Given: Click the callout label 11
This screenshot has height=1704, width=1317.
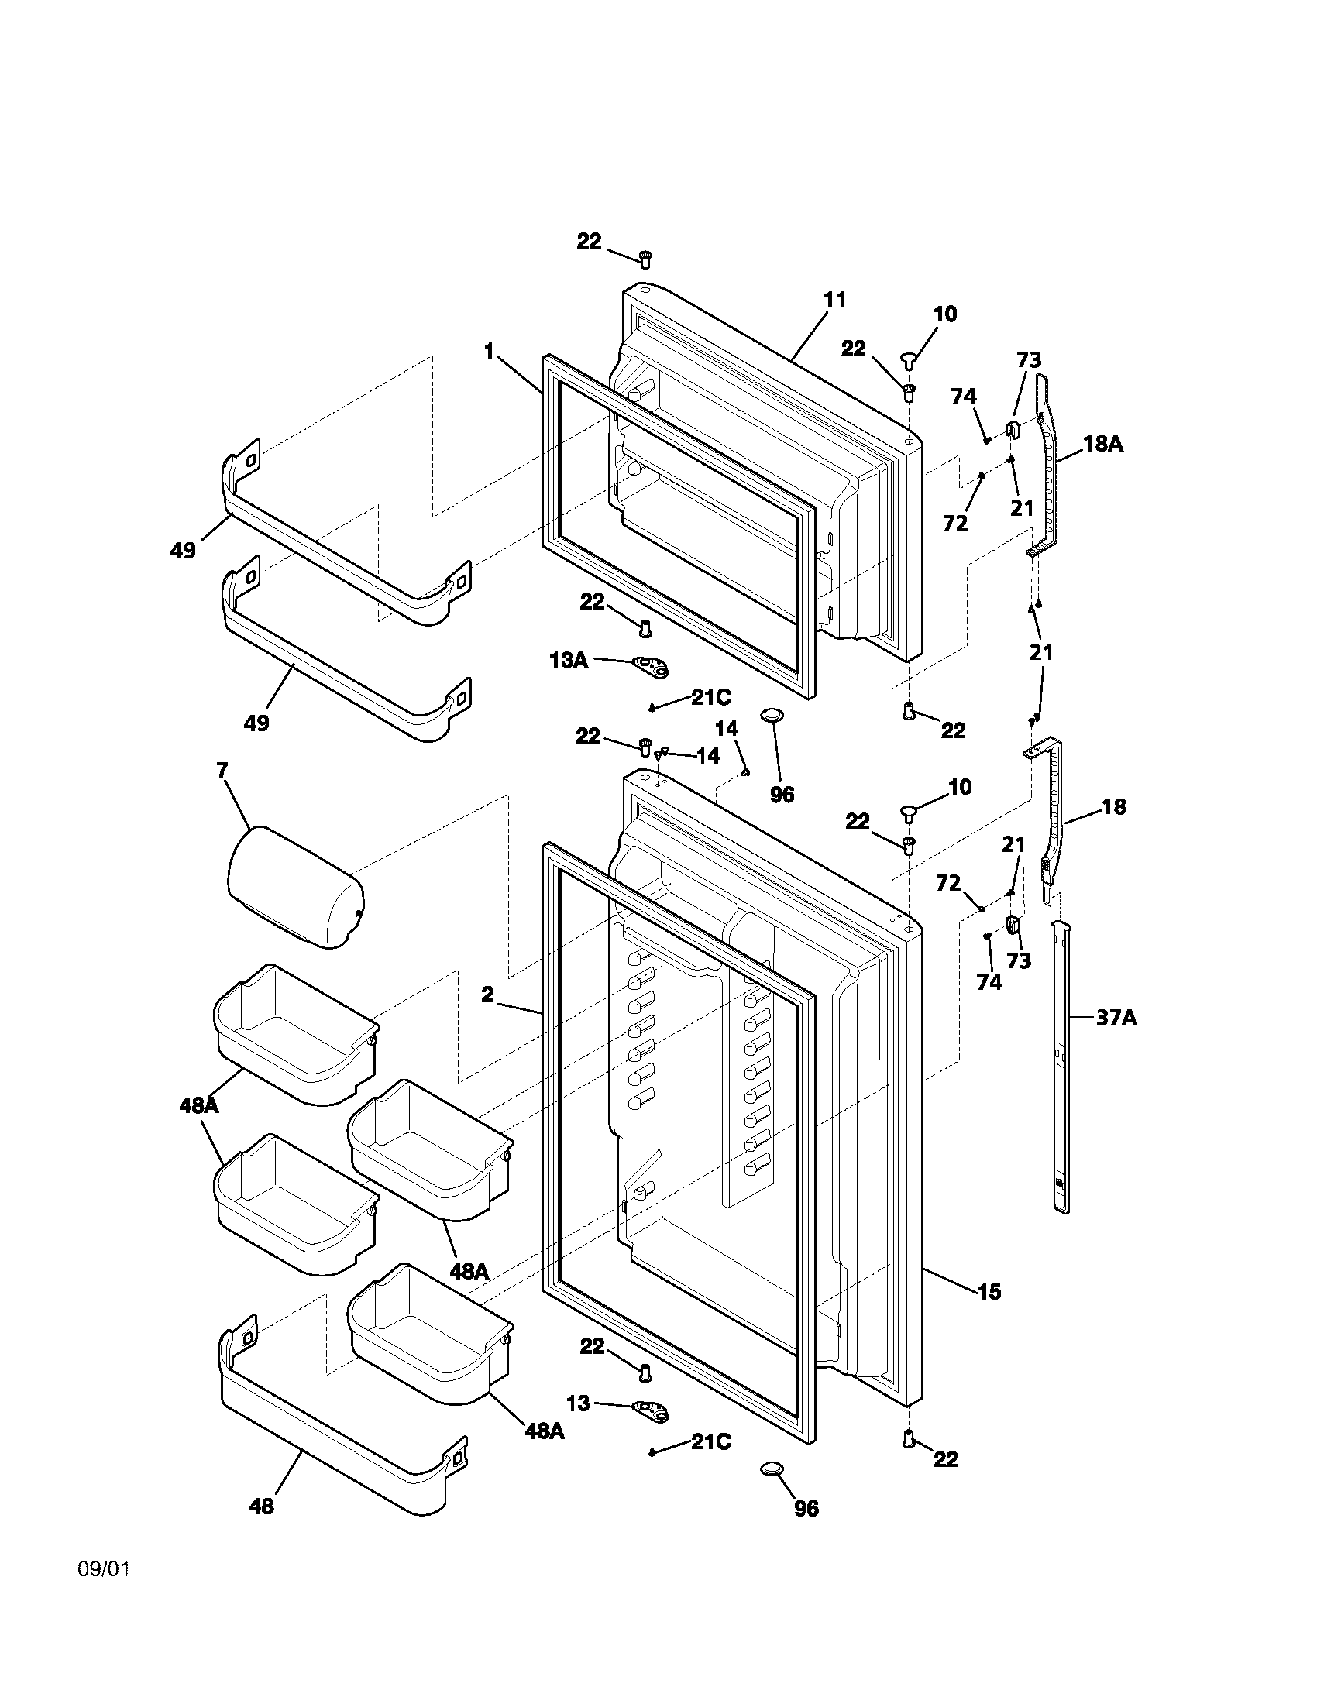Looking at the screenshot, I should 835,300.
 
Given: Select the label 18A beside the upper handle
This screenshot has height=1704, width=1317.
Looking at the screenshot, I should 1102,445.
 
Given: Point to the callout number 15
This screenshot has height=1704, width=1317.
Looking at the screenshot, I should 989,1291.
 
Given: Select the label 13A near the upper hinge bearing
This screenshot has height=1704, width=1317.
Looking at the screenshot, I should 568,660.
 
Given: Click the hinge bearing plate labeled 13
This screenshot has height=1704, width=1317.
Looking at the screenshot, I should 654,1407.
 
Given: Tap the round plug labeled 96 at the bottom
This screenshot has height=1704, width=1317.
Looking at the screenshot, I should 771,1469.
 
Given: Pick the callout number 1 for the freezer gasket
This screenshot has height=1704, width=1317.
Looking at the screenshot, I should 489,352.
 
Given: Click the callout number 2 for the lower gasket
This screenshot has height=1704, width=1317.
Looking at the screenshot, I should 487,994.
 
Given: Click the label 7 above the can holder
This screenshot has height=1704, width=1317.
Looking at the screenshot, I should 222,771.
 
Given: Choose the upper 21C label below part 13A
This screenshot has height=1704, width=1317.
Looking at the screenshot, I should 710,698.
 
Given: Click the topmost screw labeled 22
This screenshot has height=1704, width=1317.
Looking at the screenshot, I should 645,258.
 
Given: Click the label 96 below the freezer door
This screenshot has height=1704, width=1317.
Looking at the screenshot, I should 782,794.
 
